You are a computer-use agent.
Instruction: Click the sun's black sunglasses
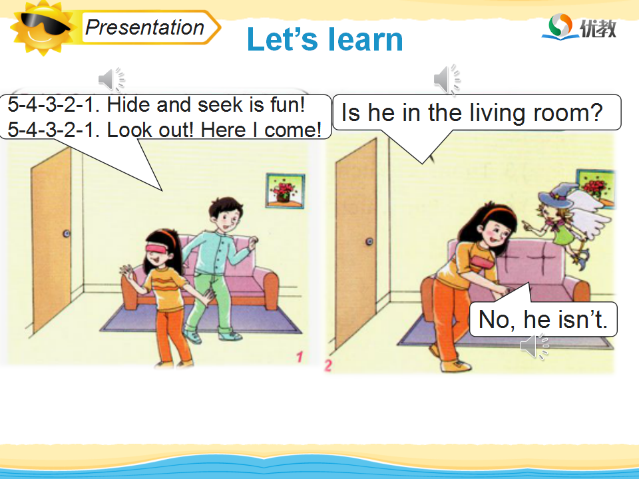tap(43, 24)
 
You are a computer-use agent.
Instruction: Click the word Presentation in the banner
tap(144, 28)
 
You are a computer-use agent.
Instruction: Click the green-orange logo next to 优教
tap(560, 27)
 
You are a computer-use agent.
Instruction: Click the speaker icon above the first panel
tap(111, 79)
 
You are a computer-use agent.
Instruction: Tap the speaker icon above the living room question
tap(447, 79)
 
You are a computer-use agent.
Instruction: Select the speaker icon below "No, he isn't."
tap(534, 347)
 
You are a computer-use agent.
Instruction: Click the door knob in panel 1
tap(67, 234)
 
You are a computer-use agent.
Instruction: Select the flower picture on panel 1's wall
tap(286, 191)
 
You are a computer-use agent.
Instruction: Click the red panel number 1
tap(300, 357)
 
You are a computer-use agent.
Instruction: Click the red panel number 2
tap(328, 365)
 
